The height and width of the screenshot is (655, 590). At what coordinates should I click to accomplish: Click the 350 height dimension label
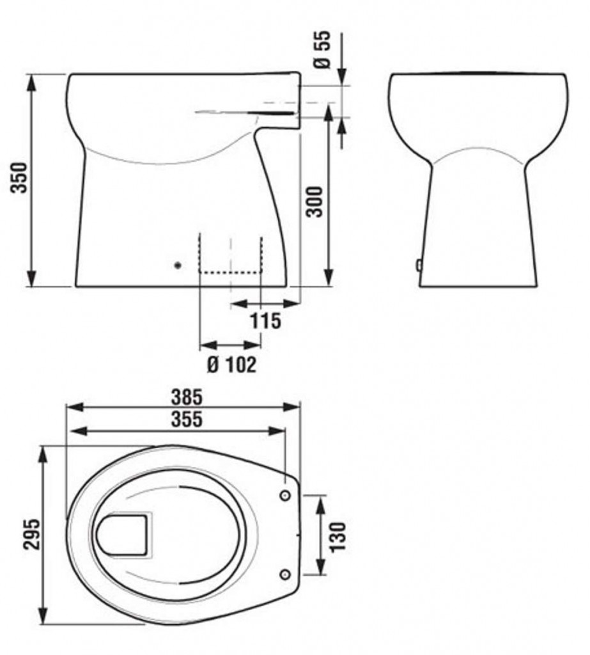pos(19,178)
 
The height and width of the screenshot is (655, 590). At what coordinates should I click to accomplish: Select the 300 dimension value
pos(315,201)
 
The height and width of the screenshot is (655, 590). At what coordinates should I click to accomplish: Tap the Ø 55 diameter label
pos(322,49)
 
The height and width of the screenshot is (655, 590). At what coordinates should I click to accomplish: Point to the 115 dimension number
pos(265,321)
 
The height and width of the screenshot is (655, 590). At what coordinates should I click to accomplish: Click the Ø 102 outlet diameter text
pos(231,365)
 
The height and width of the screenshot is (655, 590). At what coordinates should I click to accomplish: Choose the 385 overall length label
pos(187,397)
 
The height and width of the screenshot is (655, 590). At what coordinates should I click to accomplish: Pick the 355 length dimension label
pos(187,419)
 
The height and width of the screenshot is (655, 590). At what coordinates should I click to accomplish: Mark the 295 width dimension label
pos(31,535)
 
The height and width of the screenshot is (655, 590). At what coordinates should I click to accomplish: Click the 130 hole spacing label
pos(338,537)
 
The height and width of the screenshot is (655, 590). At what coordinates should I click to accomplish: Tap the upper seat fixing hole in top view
pos(284,495)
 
